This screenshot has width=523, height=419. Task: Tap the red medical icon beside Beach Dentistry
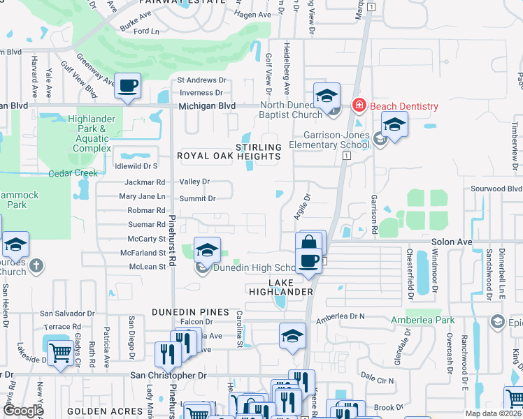359,105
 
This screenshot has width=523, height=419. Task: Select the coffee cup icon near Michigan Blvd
127,86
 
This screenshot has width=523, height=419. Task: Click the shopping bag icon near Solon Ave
308,244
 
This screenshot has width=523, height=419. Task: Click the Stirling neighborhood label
258,147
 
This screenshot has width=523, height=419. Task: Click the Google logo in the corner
23,411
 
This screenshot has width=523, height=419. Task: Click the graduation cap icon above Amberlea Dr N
292,336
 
